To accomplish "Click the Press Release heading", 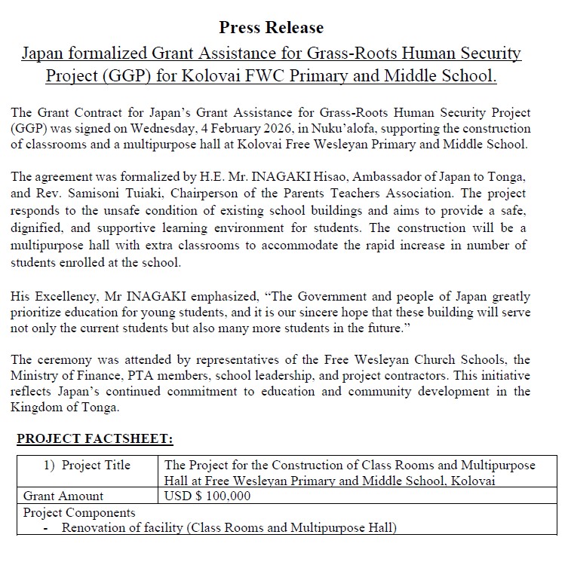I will point(271,28).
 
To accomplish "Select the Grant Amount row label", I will point(63,496).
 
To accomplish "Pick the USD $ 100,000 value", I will point(207,496).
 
